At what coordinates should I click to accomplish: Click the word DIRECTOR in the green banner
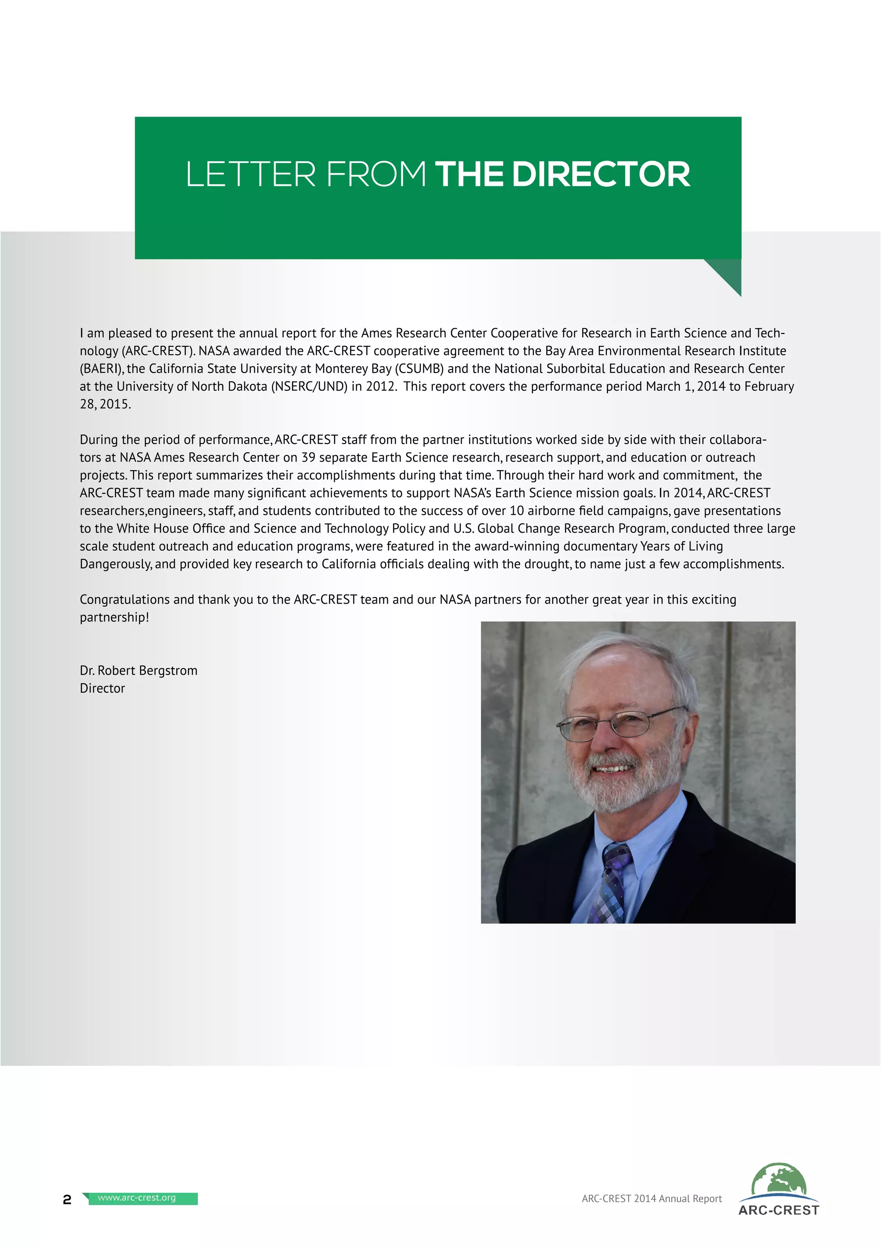click(x=601, y=174)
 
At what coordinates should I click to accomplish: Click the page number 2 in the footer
click(x=67, y=1200)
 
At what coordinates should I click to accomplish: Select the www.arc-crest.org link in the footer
click(x=137, y=1198)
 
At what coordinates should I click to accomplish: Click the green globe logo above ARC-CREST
click(x=779, y=1179)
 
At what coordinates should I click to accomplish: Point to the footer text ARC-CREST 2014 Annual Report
click(x=652, y=1198)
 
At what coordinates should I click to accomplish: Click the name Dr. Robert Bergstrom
click(x=139, y=670)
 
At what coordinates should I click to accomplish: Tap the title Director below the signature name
click(x=102, y=688)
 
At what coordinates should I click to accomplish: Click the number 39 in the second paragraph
click(x=308, y=457)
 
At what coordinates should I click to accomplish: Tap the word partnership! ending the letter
click(x=114, y=617)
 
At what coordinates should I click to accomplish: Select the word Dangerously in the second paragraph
click(x=115, y=564)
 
